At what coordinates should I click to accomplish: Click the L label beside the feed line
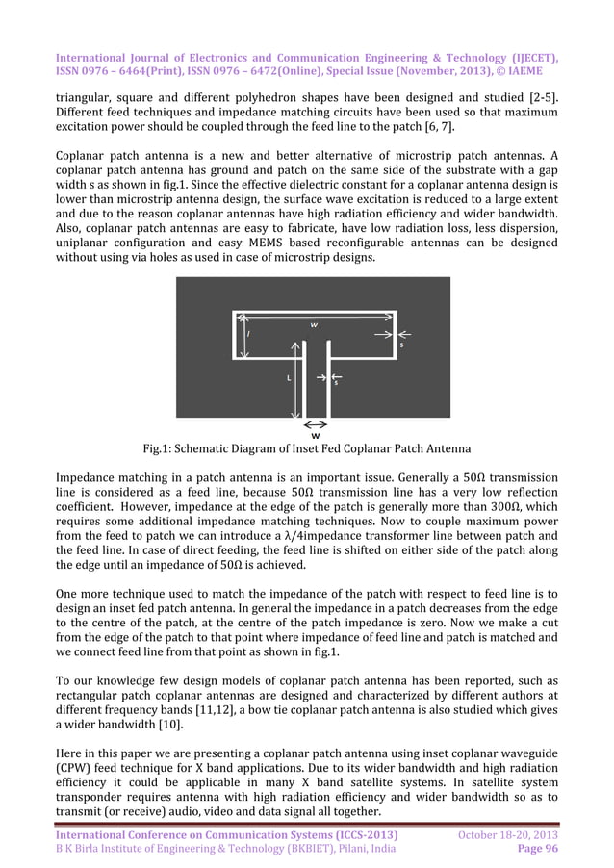[289, 378]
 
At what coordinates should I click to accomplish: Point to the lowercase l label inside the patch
[248, 335]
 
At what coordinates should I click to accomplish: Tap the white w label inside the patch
[315, 324]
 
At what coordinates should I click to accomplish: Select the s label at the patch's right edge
[401, 344]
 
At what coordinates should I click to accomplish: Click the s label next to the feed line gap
[335, 383]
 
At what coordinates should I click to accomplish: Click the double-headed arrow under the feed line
[316, 423]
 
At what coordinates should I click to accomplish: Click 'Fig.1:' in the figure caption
[160, 450]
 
